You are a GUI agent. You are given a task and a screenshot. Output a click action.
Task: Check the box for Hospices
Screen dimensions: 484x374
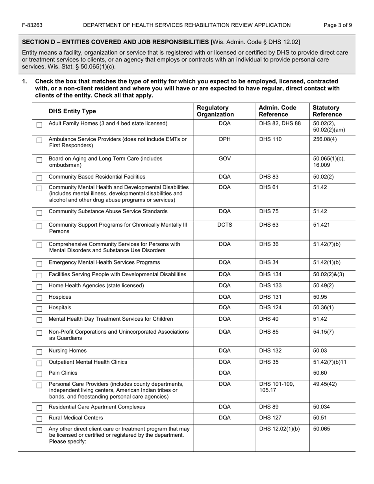tap(39, 298)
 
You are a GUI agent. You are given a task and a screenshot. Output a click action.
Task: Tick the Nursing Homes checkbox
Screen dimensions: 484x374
tap(39, 352)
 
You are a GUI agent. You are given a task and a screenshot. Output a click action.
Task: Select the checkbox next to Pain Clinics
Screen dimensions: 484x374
tap(39, 374)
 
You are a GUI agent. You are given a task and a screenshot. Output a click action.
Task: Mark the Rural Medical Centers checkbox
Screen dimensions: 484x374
tap(39, 419)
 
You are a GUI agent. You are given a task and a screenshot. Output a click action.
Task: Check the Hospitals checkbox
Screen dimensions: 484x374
tap(39, 309)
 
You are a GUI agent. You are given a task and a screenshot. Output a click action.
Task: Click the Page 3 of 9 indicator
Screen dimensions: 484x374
tap(338, 25)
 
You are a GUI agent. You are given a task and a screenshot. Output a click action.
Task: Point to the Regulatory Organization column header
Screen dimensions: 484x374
tap(215, 111)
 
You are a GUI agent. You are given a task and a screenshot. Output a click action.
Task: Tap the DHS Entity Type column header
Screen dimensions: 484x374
tap(72, 111)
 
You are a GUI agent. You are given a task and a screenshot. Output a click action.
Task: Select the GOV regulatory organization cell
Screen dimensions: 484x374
tap(224, 159)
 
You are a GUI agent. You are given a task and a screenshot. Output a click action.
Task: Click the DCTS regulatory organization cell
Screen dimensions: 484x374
tap(224, 225)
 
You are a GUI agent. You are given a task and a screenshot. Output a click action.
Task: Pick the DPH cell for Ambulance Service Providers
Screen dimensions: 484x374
tap(224, 139)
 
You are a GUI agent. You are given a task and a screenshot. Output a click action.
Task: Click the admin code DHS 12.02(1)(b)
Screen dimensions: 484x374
tap(279, 429)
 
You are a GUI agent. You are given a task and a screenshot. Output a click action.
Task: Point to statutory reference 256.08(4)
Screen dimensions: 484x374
tap(325, 139)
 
